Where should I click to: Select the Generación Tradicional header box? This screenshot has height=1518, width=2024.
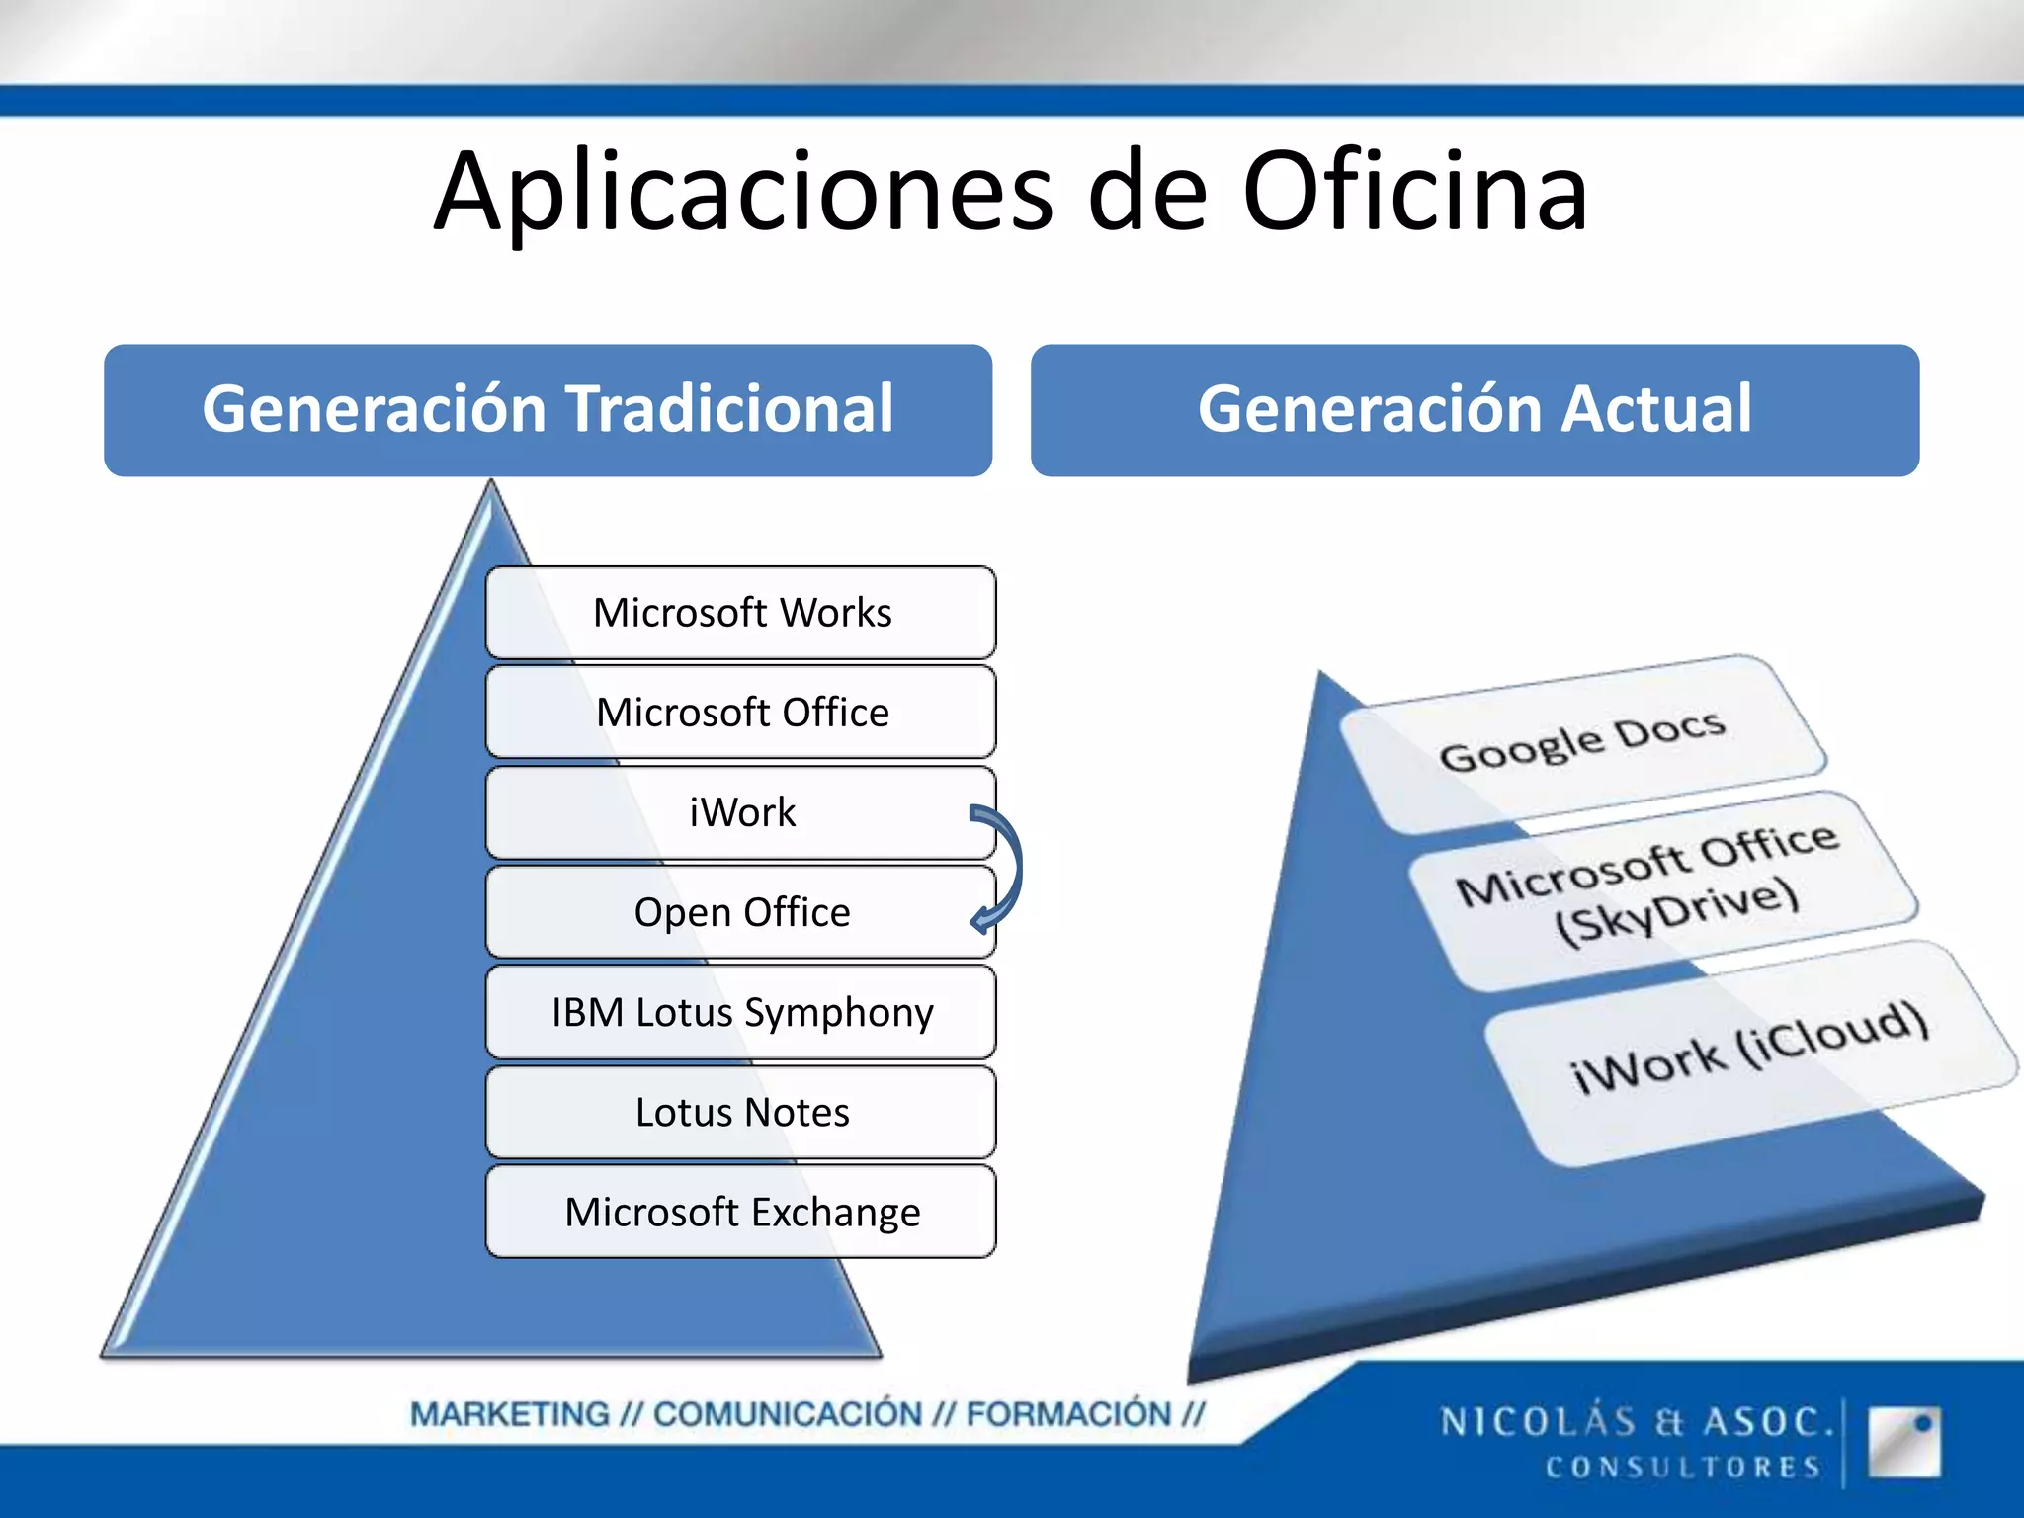[x=548, y=410]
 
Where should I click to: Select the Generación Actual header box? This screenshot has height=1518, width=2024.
[x=1475, y=410]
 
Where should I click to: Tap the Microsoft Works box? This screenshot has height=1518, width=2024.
[x=741, y=613]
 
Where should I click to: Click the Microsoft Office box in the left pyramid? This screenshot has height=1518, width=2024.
[x=741, y=713]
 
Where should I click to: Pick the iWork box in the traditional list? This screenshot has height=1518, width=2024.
[x=741, y=812]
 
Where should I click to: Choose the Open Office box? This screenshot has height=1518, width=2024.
[x=741, y=912]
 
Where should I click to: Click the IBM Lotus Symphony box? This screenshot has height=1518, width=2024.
[x=741, y=1012]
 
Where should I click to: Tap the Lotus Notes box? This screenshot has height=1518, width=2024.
[x=741, y=1112]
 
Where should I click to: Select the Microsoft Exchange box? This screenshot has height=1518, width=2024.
[x=741, y=1212]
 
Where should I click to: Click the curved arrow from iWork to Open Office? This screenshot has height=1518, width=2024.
[x=1010, y=868]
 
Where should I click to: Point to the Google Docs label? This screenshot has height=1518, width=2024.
[x=1581, y=741]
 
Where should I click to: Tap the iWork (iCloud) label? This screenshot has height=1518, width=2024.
[x=1749, y=1048]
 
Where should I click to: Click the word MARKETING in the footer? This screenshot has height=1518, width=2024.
[x=510, y=1414]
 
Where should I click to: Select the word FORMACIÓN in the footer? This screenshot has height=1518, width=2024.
[x=1067, y=1414]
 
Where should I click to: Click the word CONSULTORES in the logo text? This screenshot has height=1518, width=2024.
[x=1683, y=1467]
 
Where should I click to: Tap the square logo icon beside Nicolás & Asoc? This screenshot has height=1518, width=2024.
[x=1903, y=1442]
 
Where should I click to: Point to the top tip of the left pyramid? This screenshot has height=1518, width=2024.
[x=491, y=486]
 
